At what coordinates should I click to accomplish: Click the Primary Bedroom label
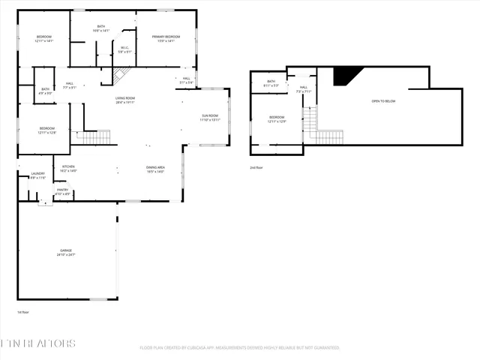tap(166, 38)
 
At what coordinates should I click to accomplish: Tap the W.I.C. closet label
tap(125, 49)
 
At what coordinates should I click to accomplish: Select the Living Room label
tap(124, 100)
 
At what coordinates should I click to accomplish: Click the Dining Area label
tap(155, 169)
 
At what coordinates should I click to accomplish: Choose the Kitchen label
tap(68, 168)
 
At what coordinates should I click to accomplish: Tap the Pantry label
tap(63, 191)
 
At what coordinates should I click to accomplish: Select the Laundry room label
tap(37, 175)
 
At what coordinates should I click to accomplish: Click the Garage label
tap(66, 252)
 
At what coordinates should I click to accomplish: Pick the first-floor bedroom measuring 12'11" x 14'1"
tap(44, 39)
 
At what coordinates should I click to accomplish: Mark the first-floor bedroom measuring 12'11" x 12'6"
tap(46, 130)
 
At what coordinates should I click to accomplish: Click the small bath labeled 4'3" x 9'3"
tap(46, 91)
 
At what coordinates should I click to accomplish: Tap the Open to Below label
tap(383, 100)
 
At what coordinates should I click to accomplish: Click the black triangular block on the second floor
tap(346, 74)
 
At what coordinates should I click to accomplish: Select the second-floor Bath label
tap(271, 83)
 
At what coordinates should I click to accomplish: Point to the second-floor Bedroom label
tap(277, 118)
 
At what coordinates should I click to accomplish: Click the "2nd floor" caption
tap(256, 167)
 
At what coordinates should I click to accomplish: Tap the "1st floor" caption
tap(22, 312)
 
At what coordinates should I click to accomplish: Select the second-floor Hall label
tap(304, 89)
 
